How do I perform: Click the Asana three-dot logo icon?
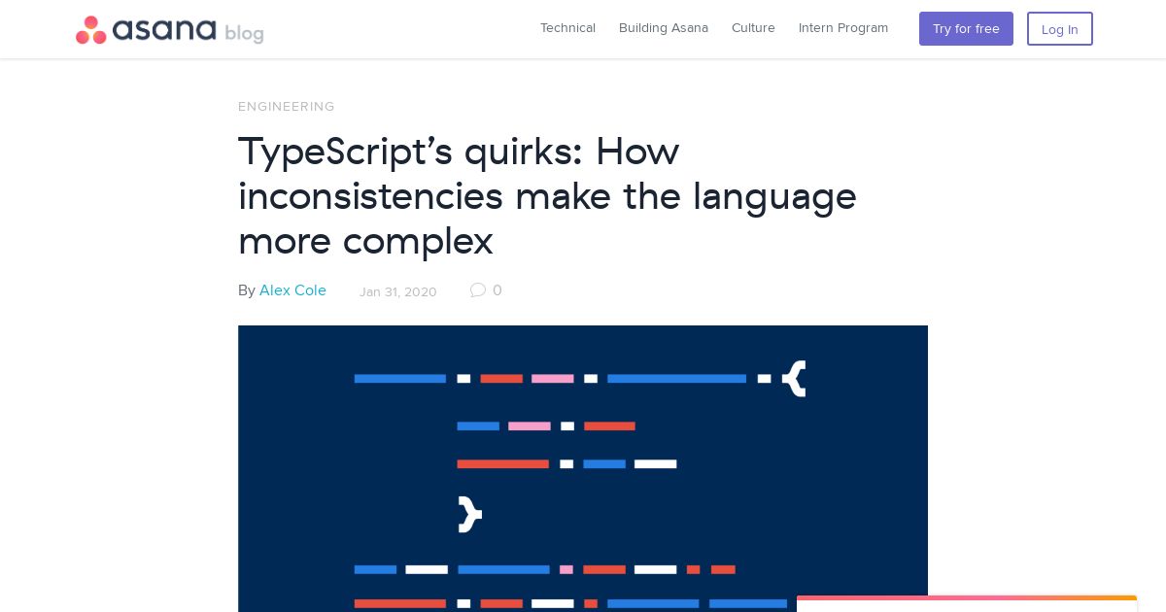91,30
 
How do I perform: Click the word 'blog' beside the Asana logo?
244,33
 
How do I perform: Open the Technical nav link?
567,27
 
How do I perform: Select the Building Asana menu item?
663,27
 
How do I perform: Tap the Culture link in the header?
753,27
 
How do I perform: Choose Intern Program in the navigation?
843,28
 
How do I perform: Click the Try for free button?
966,28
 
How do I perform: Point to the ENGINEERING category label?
287,107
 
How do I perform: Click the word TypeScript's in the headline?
345,152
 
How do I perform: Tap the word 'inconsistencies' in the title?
370,196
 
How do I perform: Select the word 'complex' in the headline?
418,243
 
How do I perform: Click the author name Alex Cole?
292,290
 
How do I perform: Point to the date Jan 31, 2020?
397,292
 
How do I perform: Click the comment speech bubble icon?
477,289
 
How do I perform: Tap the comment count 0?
497,289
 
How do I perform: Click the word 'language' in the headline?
774,198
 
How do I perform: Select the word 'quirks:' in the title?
523,152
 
